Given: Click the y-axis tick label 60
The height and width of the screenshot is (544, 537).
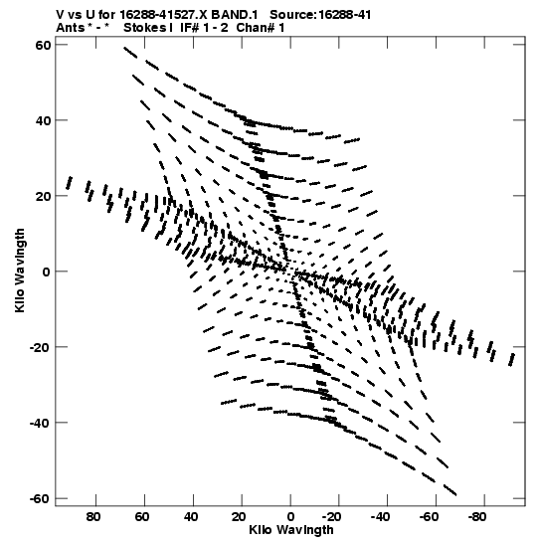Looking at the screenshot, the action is click(x=43, y=45).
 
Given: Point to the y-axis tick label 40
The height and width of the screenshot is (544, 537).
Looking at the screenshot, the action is click(x=43, y=120).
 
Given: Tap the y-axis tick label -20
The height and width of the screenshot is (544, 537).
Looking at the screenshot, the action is click(x=40, y=347).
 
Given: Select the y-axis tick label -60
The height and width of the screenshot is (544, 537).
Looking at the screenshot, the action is click(x=40, y=498).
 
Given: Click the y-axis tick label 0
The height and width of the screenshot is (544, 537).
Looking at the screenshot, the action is click(x=47, y=272).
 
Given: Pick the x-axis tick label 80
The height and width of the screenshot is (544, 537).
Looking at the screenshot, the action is click(x=93, y=517).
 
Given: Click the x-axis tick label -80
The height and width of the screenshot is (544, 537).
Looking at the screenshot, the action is click(x=477, y=517).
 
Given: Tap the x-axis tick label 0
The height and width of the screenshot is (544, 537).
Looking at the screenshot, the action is click(x=290, y=517).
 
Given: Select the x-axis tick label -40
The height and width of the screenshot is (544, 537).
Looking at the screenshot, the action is click(x=380, y=517).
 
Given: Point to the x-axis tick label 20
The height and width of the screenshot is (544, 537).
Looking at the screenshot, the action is click(x=239, y=517).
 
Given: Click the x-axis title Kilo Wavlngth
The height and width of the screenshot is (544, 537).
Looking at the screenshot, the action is click(x=291, y=530).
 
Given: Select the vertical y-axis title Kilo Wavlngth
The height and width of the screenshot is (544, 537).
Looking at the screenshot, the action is click(x=20, y=271).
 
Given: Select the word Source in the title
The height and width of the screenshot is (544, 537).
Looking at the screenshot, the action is click(x=291, y=15).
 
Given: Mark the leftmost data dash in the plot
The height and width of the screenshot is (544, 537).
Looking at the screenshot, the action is click(x=70, y=183).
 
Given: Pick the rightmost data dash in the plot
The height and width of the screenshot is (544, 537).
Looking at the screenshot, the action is click(x=511, y=360).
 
